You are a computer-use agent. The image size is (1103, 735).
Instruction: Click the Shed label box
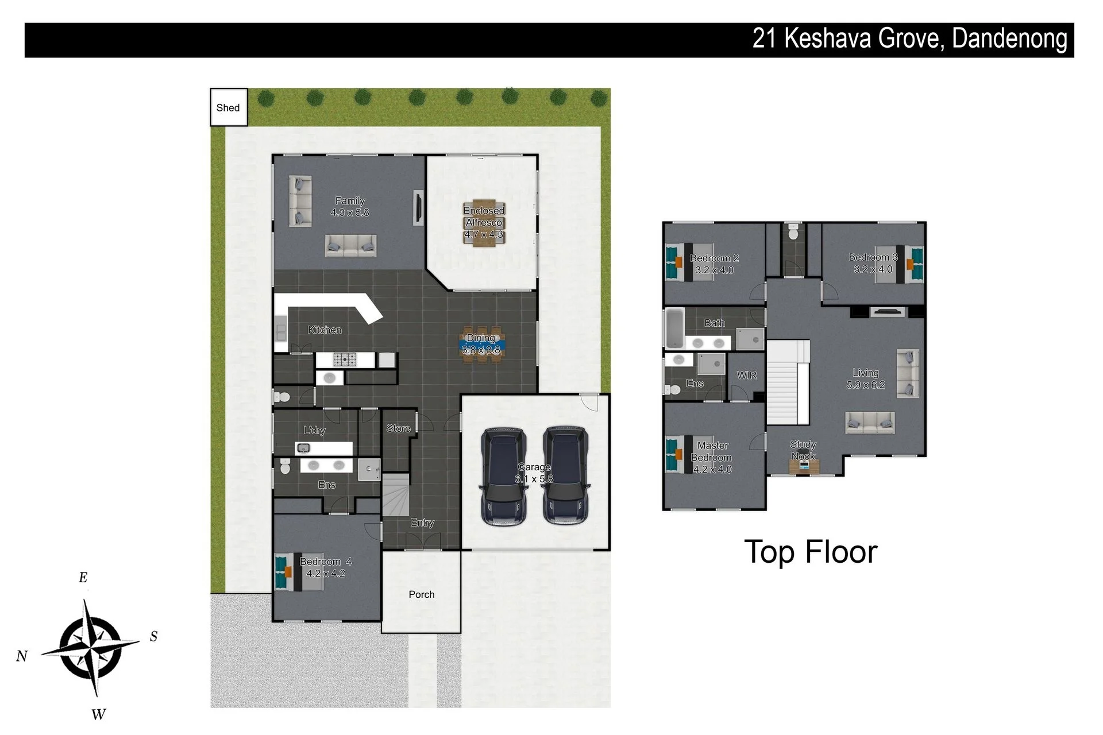[229, 107]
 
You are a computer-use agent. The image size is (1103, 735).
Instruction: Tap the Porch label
[422, 594]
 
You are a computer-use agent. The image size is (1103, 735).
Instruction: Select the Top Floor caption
[811, 552]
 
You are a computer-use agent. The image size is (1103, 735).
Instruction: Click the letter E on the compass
[83, 578]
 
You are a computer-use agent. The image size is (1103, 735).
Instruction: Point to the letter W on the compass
[98, 714]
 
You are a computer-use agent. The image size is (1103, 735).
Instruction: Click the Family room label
[350, 201]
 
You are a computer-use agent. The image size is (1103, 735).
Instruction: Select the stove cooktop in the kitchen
[345, 360]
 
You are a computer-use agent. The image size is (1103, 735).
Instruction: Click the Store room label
[398, 428]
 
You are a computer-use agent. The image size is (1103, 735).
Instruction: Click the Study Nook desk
[803, 466]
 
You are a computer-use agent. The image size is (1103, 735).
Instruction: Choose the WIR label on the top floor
[747, 375]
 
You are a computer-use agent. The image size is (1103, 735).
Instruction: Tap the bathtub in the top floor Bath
[674, 329]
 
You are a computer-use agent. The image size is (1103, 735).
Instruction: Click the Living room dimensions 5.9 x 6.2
[866, 385]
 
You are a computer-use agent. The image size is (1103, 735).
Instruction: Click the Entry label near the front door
[422, 523]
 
